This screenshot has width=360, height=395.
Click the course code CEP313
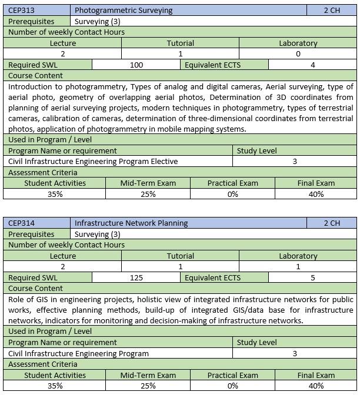(x=21, y=10)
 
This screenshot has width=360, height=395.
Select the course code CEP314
(x=21, y=223)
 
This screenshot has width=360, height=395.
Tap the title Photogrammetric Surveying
(x=124, y=10)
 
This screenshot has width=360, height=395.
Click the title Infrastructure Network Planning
(x=131, y=223)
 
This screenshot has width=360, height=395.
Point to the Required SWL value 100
(x=136, y=65)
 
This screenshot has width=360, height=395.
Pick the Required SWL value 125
(x=136, y=277)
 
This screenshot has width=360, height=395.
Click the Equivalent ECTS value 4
(x=313, y=65)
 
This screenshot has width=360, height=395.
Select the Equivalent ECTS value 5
(x=313, y=277)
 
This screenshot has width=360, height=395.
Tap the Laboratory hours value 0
(x=298, y=53)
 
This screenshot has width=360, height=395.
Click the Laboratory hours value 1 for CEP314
(x=298, y=266)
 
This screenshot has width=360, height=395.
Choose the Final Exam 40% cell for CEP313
(x=316, y=194)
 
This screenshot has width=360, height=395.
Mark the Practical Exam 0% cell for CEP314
(x=232, y=386)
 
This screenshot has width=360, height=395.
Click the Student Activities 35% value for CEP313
(x=55, y=194)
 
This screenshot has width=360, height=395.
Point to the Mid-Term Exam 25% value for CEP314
(x=148, y=386)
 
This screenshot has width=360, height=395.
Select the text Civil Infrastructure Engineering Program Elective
(x=93, y=161)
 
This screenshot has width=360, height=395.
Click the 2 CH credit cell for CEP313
(x=332, y=10)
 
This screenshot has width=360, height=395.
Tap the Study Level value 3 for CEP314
(x=295, y=353)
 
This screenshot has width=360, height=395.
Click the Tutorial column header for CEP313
(x=180, y=43)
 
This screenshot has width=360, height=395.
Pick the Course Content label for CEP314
(x=35, y=288)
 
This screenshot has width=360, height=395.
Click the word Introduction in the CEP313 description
(x=30, y=86)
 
